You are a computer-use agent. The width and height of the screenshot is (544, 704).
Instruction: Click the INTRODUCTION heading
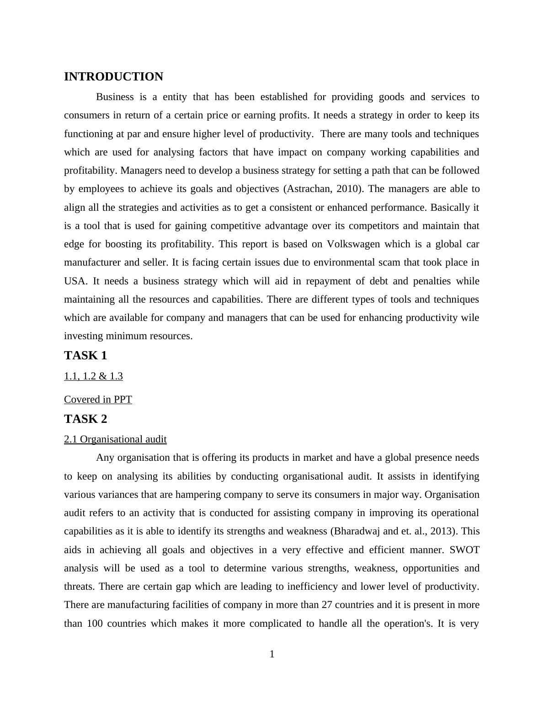pyautogui.click(x=113, y=77)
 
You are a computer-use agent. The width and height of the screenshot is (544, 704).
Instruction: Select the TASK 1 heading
pyautogui.click(x=85, y=355)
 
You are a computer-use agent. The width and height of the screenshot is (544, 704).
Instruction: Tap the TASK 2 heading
pyautogui.click(x=85, y=419)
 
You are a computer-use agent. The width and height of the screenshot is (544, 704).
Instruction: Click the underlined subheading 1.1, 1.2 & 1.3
pyautogui.click(x=93, y=376)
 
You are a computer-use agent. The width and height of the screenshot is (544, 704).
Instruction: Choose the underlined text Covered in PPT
pyautogui.click(x=98, y=400)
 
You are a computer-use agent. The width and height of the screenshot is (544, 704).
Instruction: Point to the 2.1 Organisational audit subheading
pyautogui.click(x=115, y=439)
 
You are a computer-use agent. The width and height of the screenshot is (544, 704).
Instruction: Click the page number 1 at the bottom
pyautogui.click(x=272, y=654)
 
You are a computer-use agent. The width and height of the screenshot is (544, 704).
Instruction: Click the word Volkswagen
pyautogui.click(x=353, y=244)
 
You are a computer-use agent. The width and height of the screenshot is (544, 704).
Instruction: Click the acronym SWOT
pyautogui.click(x=464, y=550)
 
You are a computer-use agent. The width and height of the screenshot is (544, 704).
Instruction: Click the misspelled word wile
pyautogui.click(x=471, y=318)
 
